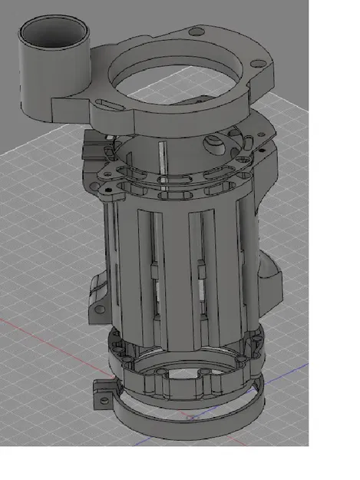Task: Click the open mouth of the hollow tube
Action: [x=53, y=34]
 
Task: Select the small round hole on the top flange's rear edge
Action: [x=197, y=32]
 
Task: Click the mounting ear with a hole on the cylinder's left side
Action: [x=97, y=310]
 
